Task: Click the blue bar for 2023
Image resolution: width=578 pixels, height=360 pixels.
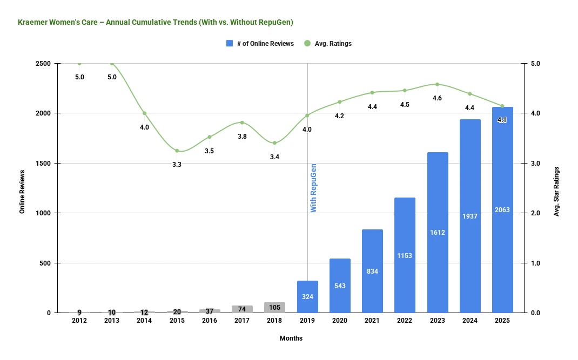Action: click(x=438, y=232)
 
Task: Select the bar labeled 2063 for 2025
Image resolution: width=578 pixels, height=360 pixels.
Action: click(x=502, y=210)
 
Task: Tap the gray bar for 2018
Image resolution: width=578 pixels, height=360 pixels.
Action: click(x=274, y=308)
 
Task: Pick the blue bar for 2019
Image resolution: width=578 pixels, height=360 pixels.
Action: click(x=307, y=296)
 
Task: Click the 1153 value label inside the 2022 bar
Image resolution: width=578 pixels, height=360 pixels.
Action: click(x=405, y=255)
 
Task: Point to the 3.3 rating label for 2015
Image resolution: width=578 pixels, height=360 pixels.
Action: click(x=177, y=165)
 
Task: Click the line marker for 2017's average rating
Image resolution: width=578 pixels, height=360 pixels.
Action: click(x=242, y=123)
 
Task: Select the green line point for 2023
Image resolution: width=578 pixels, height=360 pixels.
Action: click(x=437, y=84)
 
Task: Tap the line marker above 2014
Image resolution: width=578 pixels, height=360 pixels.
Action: click(x=144, y=113)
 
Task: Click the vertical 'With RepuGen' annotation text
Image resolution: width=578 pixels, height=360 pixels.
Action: click(x=313, y=188)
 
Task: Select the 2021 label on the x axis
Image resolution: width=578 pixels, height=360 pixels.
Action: click(x=372, y=321)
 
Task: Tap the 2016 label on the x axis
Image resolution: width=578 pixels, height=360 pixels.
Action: click(x=210, y=321)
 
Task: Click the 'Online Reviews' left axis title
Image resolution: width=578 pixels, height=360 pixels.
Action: click(x=22, y=192)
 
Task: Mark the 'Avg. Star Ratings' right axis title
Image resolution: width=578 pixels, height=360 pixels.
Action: click(x=556, y=192)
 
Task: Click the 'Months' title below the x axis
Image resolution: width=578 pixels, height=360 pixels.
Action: click(x=291, y=338)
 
